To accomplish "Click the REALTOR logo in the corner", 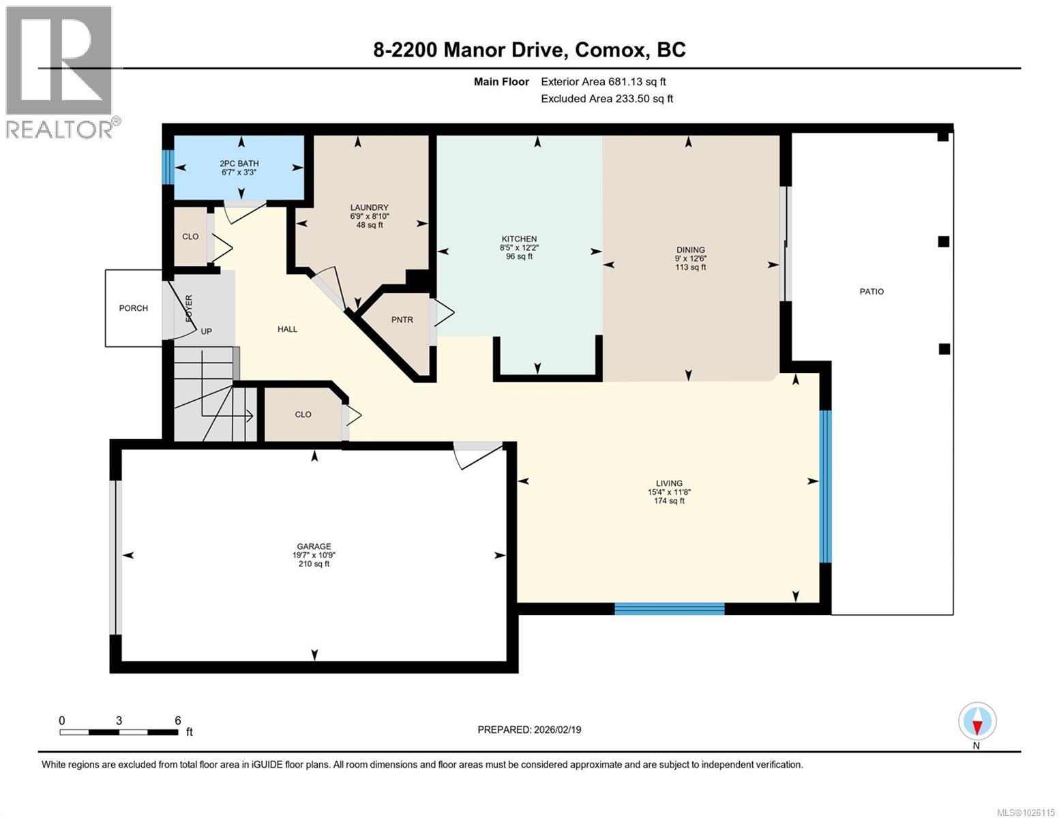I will [60, 71].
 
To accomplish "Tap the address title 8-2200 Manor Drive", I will [529, 50].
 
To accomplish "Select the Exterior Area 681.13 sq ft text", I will [603, 82].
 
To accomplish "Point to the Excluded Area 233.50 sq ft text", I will [606, 99].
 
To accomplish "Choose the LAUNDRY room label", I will [369, 208].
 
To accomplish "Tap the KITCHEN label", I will [519, 239].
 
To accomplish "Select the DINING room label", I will [690, 250].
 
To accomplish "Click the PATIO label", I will [871, 292].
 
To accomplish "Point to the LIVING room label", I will [668, 483].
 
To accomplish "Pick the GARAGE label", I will [314, 547].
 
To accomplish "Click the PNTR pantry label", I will [402, 320].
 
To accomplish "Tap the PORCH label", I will [133, 308].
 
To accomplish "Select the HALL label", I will [287, 329].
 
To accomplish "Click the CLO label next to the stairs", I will [303, 414].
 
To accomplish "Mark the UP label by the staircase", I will [206, 332].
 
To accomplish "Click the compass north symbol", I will [976, 721].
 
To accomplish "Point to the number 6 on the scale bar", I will [177, 721].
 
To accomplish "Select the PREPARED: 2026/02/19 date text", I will [529, 729].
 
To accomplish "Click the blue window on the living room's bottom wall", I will [669, 609].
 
